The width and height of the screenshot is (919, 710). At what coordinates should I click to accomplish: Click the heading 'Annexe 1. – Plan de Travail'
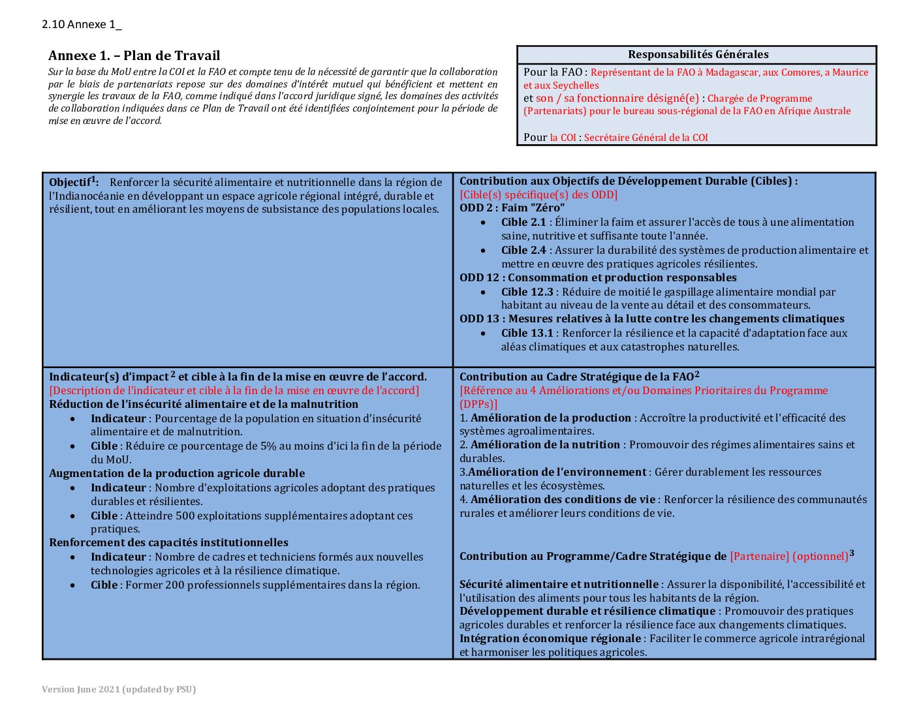[x=134, y=55]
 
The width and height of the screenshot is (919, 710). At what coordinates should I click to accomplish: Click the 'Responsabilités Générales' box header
[x=698, y=55]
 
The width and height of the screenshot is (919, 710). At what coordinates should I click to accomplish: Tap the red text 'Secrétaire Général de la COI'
[x=646, y=138]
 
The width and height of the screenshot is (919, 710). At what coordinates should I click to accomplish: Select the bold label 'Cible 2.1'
[x=523, y=223]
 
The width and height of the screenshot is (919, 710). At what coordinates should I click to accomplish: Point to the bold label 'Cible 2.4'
[x=523, y=251]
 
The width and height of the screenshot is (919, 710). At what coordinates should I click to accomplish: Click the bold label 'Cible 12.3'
[x=527, y=292]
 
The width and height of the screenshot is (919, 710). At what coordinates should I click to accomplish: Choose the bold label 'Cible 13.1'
[x=527, y=333]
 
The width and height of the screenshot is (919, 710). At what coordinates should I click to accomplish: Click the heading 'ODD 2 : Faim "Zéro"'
[x=512, y=208]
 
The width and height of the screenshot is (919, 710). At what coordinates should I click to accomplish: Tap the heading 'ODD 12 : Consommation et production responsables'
[x=598, y=278]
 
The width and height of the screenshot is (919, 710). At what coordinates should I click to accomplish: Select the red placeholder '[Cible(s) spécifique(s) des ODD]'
[x=538, y=194]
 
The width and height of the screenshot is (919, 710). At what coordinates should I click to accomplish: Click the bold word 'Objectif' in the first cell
[x=69, y=183]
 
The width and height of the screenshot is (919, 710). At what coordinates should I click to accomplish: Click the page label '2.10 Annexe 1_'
[x=82, y=25]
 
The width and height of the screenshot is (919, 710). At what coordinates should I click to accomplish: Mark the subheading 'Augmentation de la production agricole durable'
[x=177, y=474]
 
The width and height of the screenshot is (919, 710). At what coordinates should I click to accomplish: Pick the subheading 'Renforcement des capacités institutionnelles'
[x=168, y=543]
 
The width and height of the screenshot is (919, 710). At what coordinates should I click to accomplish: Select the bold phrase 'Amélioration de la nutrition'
[x=545, y=445]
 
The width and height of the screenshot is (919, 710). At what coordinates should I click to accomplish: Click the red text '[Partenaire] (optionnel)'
[x=788, y=557]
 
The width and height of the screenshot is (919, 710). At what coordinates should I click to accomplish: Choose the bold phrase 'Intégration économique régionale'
[x=550, y=639]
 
